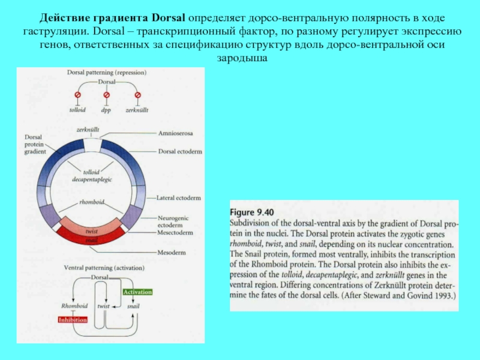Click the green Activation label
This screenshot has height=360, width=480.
137,292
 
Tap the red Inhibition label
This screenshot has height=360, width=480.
73,320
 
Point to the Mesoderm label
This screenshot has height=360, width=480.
170,252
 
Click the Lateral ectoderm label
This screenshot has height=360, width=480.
178,197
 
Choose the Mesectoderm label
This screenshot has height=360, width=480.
176,232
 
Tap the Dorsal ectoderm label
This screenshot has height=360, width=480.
179,151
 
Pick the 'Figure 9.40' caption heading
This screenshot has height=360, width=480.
252,212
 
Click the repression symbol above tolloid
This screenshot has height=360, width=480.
77,95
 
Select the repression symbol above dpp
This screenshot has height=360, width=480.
107,95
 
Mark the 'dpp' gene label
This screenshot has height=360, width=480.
106,110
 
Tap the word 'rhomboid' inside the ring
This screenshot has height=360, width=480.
91,202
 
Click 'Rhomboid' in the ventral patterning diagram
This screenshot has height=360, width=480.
74,306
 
